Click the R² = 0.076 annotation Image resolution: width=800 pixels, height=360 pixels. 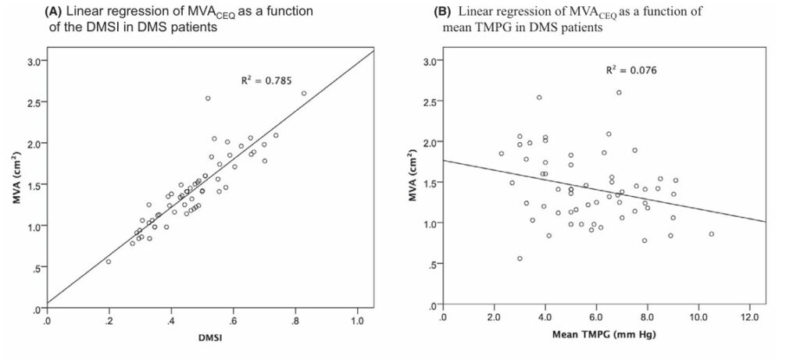coord(631,70)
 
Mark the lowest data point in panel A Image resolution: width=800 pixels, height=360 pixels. coord(109,262)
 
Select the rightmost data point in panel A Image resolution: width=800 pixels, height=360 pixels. coord(304,94)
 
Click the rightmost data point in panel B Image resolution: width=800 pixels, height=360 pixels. coord(712,234)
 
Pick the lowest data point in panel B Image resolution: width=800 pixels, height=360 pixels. coord(520,258)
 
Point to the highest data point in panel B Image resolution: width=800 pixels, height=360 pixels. coord(619,92)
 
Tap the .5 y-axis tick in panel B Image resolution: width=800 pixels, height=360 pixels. coord(429,266)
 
